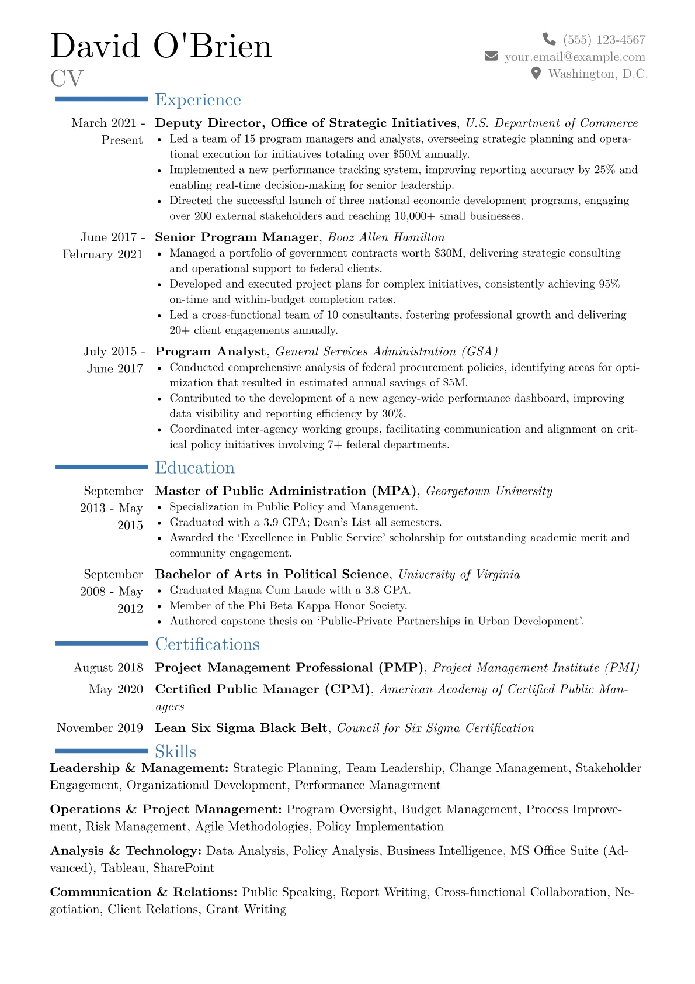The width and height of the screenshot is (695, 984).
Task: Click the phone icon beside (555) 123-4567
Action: coord(549,39)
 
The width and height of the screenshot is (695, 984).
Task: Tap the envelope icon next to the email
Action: coord(491,56)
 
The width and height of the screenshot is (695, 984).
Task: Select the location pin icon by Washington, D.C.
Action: coord(536,73)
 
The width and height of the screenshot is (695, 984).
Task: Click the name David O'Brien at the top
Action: coord(161,46)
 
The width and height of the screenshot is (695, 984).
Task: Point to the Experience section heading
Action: coord(197,100)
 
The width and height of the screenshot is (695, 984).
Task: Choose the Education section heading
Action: coord(194,468)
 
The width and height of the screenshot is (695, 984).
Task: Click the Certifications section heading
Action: coord(207,644)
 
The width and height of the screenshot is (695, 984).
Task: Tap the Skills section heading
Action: coord(175,751)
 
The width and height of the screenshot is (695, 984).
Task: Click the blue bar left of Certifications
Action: coord(102,644)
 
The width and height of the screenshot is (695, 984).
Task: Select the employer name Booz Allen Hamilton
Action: coord(386,237)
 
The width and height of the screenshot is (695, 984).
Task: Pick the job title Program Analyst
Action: coord(210,351)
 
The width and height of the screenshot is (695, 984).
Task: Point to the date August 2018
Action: coord(108,668)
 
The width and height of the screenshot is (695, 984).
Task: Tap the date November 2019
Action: coord(100,728)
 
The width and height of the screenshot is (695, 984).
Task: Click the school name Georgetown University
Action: coord(489,491)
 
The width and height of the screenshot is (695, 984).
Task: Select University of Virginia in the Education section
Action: coord(458,575)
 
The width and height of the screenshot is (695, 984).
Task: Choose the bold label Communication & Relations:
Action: coord(144,892)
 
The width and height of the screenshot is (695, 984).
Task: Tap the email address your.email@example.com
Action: coord(575,57)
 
